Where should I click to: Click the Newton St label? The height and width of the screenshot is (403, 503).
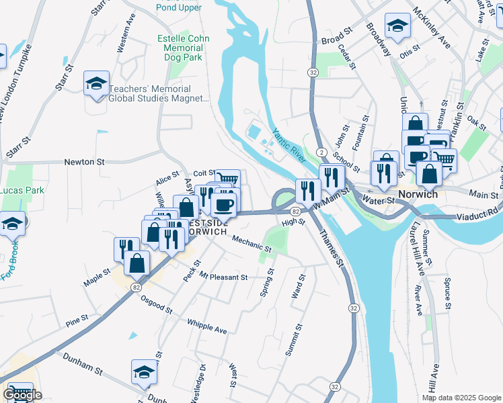(x=85, y=162)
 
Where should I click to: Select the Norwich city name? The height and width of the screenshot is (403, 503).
(x=418, y=193)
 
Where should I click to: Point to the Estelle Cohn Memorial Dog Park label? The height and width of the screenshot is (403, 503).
(x=180, y=48)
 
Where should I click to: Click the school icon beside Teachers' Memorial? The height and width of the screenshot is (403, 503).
(x=96, y=85)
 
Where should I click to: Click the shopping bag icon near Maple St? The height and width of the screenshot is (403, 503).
(x=137, y=264)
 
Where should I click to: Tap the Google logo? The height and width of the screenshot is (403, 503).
(x=22, y=395)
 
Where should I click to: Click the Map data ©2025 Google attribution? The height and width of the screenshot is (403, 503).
(x=461, y=398)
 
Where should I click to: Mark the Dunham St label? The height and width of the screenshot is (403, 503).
(x=83, y=369)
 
